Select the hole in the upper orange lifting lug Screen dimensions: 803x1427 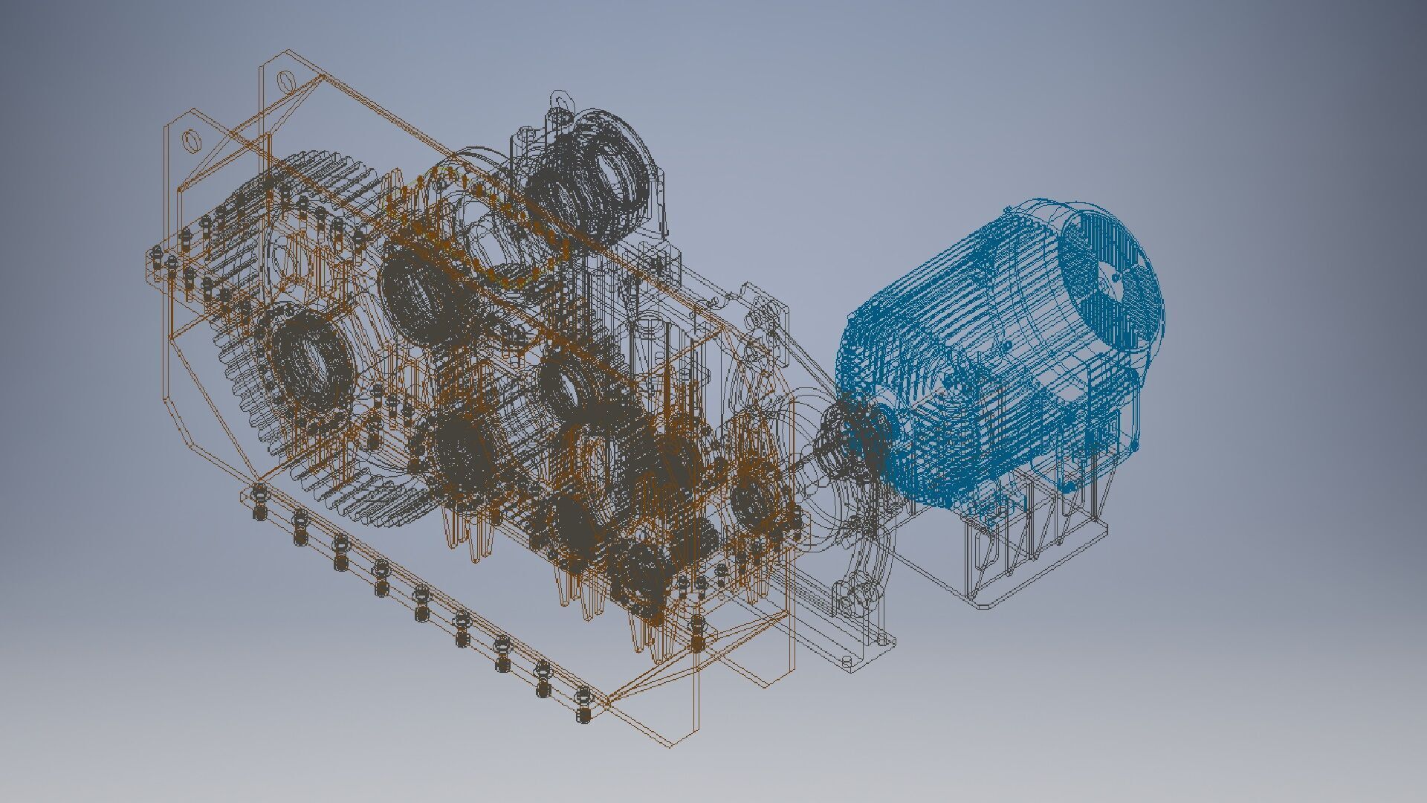click(285, 80)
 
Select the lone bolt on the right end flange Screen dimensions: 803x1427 click(697, 632)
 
